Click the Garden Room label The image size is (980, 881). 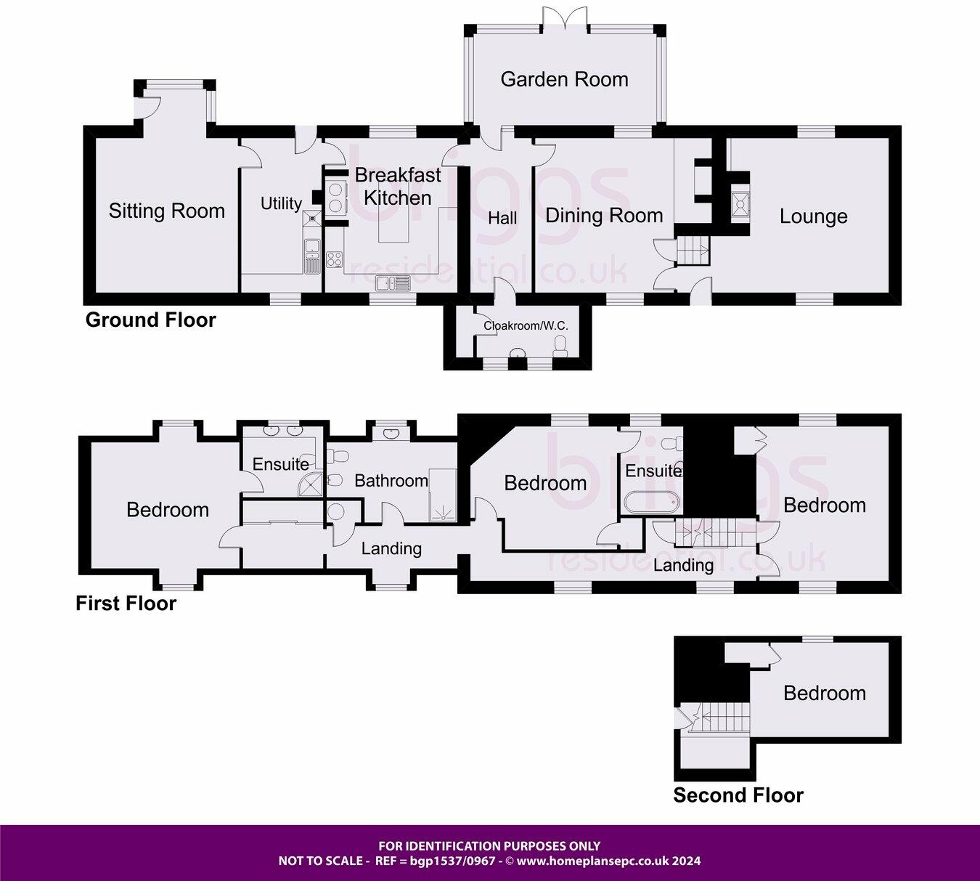565,79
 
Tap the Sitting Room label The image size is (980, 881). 167,211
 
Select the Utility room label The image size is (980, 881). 281,203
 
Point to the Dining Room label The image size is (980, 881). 604,216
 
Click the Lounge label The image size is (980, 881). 814,216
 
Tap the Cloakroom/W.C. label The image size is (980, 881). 526,326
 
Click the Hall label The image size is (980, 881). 502,219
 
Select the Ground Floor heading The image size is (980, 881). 150,320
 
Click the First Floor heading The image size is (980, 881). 126,604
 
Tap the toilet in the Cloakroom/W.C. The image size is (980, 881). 560,346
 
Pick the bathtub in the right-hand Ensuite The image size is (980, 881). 651,503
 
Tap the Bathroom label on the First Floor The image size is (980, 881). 391,481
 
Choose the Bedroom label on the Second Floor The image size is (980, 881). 825,693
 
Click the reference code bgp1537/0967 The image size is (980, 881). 453,861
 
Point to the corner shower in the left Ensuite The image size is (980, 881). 309,484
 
